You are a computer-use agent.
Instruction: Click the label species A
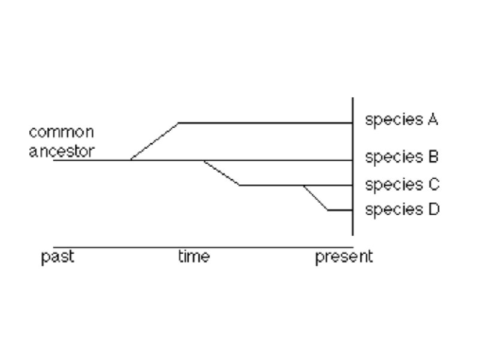coord(401,120)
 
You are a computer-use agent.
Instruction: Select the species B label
coord(401,158)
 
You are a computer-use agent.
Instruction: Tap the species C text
coord(401,184)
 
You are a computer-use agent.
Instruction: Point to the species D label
coord(401,210)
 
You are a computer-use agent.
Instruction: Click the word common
coord(61,132)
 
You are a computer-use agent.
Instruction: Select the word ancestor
coord(61,150)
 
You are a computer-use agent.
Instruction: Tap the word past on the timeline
coord(58,257)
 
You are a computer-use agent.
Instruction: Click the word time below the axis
coord(194,257)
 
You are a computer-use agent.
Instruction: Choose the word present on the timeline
coord(344,257)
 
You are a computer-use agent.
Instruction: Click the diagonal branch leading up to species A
coord(155,142)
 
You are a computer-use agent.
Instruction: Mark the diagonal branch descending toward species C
coord(221,173)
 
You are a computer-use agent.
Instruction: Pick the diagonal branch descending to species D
coord(316,198)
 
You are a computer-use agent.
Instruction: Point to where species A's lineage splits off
coord(131,160)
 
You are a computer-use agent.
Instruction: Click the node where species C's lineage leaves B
coord(203,160)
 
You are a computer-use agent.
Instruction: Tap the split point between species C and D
coord(304,185)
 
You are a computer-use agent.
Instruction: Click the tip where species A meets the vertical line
coord(353,123)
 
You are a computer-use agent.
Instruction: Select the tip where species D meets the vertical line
coord(353,210)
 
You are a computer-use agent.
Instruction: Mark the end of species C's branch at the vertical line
coord(353,185)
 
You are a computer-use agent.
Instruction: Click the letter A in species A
coord(433,120)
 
